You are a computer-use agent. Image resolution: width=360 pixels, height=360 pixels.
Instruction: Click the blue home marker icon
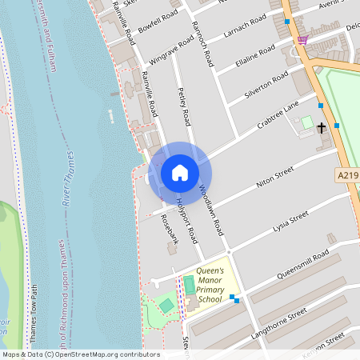point(180,173)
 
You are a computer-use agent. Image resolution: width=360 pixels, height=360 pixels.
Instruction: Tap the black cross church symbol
point(322,127)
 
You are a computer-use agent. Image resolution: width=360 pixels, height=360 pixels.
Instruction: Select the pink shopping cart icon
point(302,39)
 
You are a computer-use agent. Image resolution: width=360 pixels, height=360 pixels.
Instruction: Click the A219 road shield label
point(346,173)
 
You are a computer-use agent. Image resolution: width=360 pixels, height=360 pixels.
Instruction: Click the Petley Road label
point(184,106)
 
